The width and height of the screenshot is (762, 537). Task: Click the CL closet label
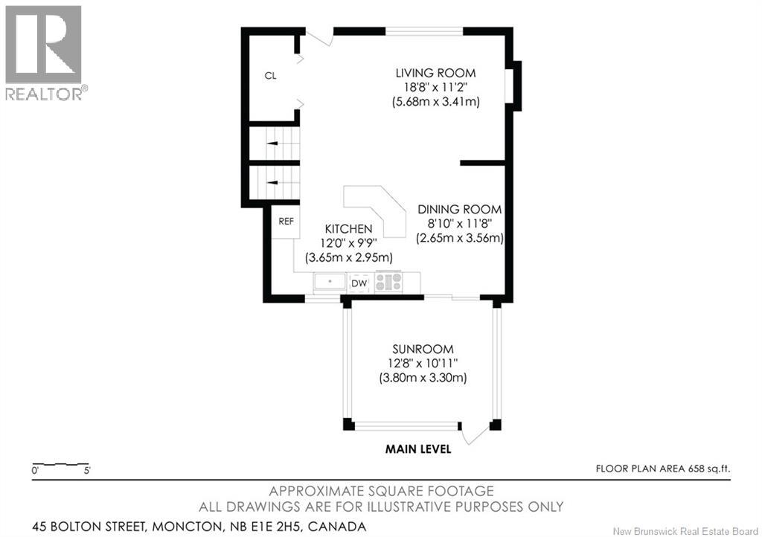271,75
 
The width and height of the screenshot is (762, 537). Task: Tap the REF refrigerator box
286,222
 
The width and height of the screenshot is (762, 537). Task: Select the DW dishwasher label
359,283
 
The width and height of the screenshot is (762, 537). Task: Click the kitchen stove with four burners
388,283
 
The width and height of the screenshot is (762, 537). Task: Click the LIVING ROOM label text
435,73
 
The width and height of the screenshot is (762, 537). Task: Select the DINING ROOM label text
459,210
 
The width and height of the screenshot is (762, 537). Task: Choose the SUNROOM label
423,349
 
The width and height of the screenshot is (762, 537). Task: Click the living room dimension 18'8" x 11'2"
435,87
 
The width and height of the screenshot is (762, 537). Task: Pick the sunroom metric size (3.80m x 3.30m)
423,378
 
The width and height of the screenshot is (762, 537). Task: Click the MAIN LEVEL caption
417,448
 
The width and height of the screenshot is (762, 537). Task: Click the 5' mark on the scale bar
88,471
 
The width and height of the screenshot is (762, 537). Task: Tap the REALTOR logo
45,52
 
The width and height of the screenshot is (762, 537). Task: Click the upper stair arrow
272,142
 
